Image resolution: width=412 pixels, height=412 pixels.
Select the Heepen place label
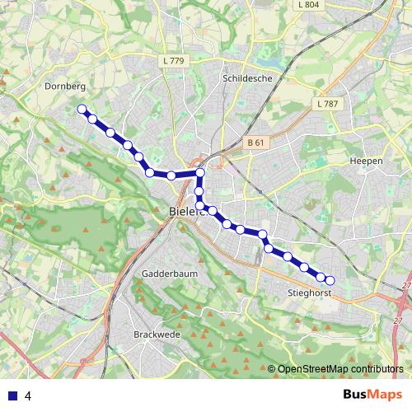coord(366,161)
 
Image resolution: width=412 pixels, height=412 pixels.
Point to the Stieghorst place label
coord(310,293)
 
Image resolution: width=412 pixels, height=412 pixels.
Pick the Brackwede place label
coord(157,335)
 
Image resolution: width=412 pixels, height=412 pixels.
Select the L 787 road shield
coord(327,104)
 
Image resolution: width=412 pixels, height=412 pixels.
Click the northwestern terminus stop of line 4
coord(82,109)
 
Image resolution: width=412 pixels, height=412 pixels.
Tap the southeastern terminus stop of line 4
coord(330,280)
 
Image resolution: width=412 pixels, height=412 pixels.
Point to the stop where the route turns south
coord(199,173)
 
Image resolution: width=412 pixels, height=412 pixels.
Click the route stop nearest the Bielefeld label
coord(199,204)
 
